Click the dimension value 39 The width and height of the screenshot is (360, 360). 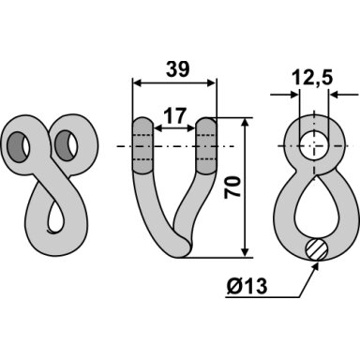click(177, 69)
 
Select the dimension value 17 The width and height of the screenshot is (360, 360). click(175, 115)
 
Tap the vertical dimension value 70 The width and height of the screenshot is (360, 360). click(233, 187)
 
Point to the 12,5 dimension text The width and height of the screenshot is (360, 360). click(313, 78)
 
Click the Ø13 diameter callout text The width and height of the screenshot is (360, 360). click(247, 286)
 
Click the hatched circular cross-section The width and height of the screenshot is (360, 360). click(317, 249)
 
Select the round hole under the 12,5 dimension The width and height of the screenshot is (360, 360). click(314, 146)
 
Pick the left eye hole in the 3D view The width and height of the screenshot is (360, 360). click(19, 147)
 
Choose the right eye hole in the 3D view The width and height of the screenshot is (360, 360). click(67, 145)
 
